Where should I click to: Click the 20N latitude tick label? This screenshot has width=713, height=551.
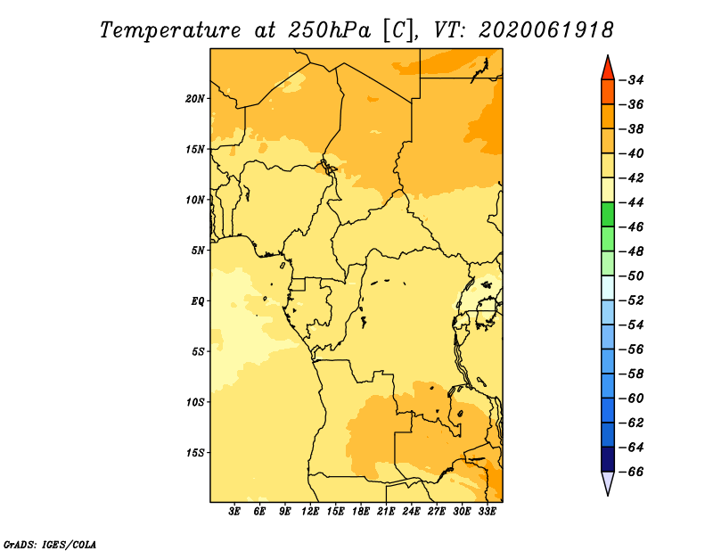pos(195,99)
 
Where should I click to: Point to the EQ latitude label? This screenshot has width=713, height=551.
pos(198,301)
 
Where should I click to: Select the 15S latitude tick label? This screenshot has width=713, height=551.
pos(195,453)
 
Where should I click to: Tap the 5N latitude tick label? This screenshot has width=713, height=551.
pos(198,251)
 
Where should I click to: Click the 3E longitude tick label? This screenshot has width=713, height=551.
pos(234,511)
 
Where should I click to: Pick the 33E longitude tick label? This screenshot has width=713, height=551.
pos(487,511)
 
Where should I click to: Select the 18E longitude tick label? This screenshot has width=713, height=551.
pos(361,511)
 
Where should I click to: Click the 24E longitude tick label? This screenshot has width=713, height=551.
pos(411,511)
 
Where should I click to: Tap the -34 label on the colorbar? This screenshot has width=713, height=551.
pos(631,80)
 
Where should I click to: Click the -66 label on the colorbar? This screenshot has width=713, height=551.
pos(631,472)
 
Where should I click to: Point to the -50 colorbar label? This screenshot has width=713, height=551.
pos(631,276)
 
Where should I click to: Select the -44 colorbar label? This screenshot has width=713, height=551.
pos(631,202)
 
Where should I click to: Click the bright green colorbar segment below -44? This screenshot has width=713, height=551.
pos(608,215)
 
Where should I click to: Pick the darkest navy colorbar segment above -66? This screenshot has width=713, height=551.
pos(608,459)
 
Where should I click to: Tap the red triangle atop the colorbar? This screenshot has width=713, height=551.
pos(608,70)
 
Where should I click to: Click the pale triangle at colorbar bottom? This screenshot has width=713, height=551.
pos(608,482)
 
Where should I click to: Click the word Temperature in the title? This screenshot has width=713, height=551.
pos(170,30)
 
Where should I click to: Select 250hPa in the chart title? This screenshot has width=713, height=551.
pos(329,30)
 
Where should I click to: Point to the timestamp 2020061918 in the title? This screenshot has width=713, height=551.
pos(545,30)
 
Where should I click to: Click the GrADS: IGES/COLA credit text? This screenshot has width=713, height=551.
pos(50,544)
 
